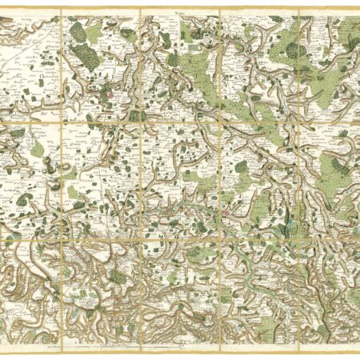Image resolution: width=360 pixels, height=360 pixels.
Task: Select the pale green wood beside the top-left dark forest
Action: [95, 33]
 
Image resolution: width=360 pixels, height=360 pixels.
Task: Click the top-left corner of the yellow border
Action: [2, 10]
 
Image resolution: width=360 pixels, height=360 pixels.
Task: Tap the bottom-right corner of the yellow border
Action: [358, 350]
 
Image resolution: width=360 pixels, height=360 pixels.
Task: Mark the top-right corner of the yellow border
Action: [358, 10]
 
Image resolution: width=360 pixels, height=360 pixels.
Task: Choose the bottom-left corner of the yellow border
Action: [2, 350]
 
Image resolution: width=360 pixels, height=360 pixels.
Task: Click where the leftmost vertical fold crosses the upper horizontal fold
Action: [62, 123]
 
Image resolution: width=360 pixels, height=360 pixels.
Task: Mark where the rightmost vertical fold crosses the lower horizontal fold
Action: [298, 235]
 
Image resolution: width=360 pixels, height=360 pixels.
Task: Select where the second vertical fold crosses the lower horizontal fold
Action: [140, 235]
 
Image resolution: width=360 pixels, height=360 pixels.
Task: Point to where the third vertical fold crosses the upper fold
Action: [219, 123]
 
